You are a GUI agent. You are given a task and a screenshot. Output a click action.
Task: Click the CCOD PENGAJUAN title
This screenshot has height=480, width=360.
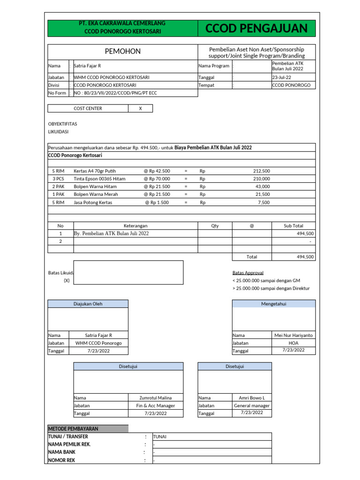[x=256, y=29]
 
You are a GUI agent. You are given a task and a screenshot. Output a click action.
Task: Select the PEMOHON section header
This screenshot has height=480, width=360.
[x=122, y=51]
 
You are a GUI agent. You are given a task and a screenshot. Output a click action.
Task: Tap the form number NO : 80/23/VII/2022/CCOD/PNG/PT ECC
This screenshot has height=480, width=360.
[x=115, y=93]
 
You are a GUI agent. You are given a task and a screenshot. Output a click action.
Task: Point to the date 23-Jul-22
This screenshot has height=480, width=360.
[x=282, y=78]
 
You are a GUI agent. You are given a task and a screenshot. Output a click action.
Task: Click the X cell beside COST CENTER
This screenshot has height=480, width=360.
[x=140, y=108]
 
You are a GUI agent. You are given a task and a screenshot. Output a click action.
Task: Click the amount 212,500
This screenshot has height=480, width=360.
[x=261, y=171]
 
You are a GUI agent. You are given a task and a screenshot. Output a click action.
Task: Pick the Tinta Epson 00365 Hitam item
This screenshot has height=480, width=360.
[x=99, y=179]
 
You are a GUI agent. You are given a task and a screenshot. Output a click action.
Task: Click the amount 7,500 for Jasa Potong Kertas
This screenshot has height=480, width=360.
[x=263, y=202]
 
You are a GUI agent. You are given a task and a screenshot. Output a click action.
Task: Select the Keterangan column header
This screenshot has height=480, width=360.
[x=135, y=225]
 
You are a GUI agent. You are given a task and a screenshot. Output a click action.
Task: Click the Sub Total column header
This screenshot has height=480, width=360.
[x=293, y=225]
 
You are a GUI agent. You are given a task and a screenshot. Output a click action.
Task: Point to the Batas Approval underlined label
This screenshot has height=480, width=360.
[x=247, y=272]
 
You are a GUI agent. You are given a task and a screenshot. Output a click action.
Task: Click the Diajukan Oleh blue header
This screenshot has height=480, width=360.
[x=88, y=304]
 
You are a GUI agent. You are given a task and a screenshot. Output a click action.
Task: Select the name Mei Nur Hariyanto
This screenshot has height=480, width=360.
[x=293, y=335]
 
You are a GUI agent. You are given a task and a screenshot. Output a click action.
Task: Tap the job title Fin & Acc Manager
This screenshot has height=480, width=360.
[x=156, y=405]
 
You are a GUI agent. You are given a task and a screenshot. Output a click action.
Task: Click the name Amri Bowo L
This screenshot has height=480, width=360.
[x=252, y=397]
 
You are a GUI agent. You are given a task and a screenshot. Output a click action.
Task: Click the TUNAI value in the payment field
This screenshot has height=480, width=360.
[x=160, y=436]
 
